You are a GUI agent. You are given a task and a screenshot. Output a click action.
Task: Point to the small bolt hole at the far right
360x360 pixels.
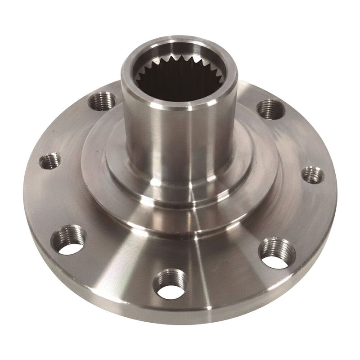[x=312, y=175]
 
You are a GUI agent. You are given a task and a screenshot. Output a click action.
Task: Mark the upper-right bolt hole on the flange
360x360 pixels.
[x=271, y=108]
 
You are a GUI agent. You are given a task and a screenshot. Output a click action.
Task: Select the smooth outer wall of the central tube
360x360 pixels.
[x=148, y=135]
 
